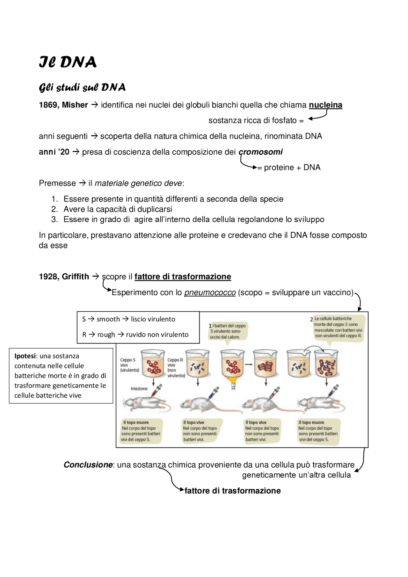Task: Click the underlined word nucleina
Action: pyautogui.click(x=325, y=105)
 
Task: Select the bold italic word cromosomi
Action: pyautogui.click(x=261, y=152)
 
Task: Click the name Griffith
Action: pyautogui.click(x=76, y=277)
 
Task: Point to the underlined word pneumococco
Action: pyautogui.click(x=210, y=292)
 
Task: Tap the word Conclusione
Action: pyautogui.click(x=88, y=465)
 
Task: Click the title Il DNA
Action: pyautogui.click(x=68, y=62)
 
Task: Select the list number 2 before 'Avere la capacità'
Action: pyautogui.click(x=55, y=209)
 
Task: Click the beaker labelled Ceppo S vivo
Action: pyautogui.click(x=153, y=364)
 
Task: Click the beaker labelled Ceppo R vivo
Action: pyautogui.click(x=198, y=364)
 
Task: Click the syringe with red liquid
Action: pyautogui.click(x=156, y=391)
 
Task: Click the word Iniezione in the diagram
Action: pyautogui.click(x=139, y=388)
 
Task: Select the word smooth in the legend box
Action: pyautogui.click(x=108, y=319)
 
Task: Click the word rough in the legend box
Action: pyautogui.click(x=106, y=335)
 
